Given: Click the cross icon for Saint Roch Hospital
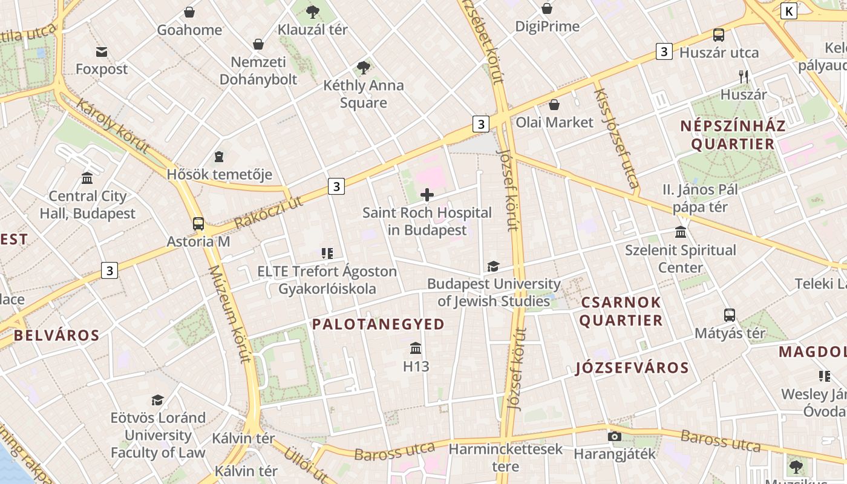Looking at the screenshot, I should [427, 195].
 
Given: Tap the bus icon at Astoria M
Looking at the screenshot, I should [198, 223].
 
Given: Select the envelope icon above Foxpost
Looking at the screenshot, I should [101, 52].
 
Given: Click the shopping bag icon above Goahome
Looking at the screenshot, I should [189, 12].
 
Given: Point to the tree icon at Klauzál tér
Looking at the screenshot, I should [313, 11].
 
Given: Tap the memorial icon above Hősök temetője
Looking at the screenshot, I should [219, 157].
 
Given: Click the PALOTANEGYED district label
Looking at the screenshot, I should [378, 324].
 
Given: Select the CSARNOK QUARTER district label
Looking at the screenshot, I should [621, 311].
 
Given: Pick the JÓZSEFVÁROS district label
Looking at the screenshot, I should [632, 368].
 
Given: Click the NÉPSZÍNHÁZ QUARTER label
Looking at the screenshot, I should [733, 135].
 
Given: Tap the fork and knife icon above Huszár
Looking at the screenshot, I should [744, 77].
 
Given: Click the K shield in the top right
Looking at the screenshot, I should [789, 11].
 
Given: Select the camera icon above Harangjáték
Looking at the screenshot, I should [615, 436].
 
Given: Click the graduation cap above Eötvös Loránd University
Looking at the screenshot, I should [158, 400].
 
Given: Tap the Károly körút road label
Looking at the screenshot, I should [113, 125].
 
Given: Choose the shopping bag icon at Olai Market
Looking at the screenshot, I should [554, 105].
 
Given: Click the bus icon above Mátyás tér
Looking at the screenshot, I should [730, 315].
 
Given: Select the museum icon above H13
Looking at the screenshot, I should [416, 348].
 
